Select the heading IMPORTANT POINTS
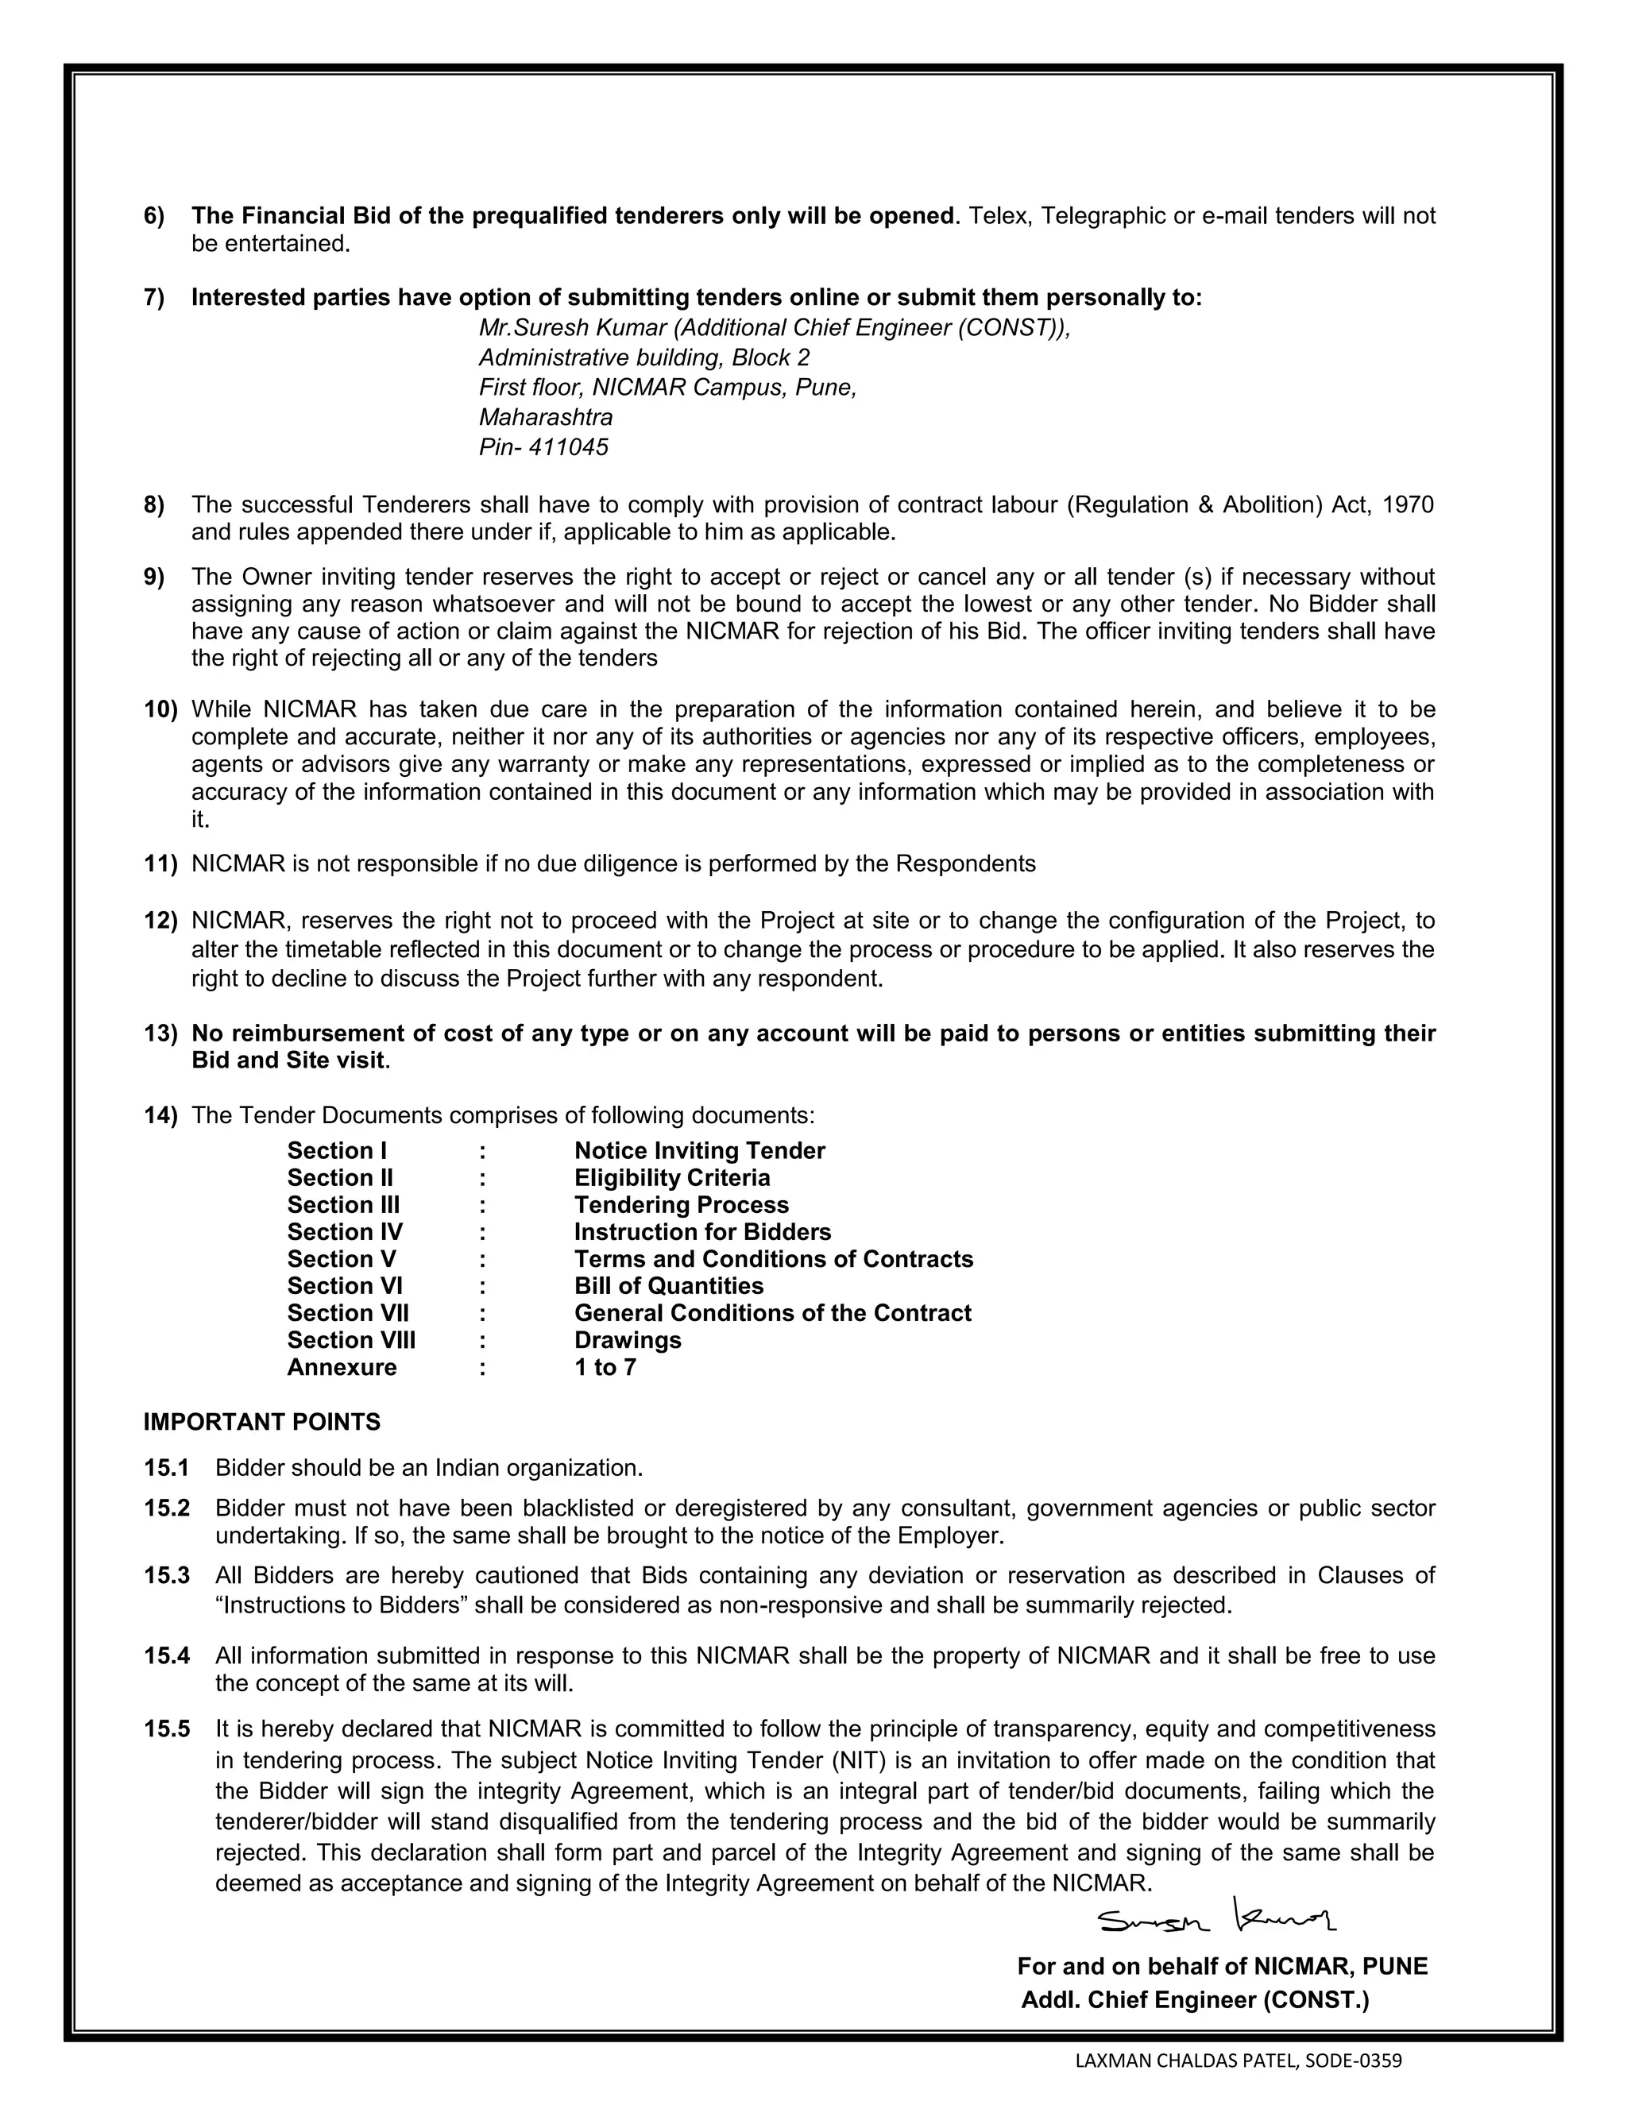[x=262, y=1422]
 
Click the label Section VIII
[x=351, y=1340]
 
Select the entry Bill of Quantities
[x=669, y=1286]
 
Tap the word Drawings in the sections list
[x=628, y=1340]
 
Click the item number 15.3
[x=167, y=1575]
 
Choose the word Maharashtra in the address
[x=546, y=417]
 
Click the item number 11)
[x=161, y=863]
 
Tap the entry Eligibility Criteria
[x=672, y=1178]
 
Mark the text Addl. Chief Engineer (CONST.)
[x=1194, y=2000]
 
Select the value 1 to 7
[x=605, y=1367]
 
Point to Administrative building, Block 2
[x=643, y=357]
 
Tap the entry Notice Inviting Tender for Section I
[x=700, y=1151]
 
